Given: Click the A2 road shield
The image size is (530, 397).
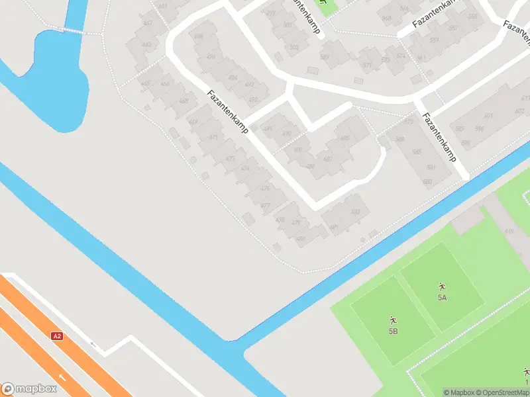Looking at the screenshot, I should point(58,336).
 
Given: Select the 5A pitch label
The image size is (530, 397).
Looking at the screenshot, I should point(442,298).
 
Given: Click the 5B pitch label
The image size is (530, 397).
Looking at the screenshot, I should point(393,331).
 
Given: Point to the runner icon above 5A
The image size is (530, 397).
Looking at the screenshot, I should point(442,287).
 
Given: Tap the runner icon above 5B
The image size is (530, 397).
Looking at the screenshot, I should point(393,320).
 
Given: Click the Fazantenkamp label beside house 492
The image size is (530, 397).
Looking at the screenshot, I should point(227,112).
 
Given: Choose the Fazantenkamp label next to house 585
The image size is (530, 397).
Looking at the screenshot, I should point(441,138).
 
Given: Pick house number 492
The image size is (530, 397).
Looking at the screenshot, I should point(252,100).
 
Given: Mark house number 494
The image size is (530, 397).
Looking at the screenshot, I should point(232,77).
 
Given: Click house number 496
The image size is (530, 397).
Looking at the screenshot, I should point(211,57).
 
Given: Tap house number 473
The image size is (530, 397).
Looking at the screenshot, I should point(230,159).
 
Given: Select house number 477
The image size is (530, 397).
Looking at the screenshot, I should point(265,206).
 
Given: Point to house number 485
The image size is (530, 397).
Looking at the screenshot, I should point(344,138).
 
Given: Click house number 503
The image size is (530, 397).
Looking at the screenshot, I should point(294,47).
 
